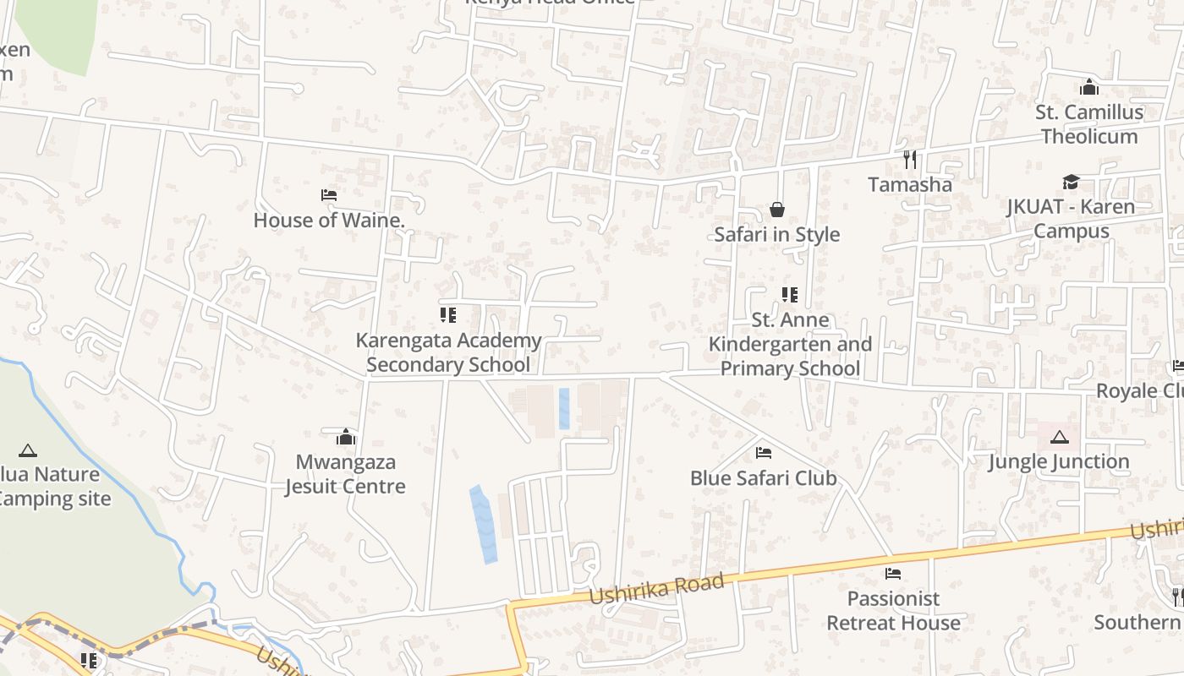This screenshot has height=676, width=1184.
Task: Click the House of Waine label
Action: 329,221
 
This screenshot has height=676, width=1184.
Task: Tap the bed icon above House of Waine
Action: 329,195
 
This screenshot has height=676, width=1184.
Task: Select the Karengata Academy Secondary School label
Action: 448,352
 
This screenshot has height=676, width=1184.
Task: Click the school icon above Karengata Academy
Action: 448,315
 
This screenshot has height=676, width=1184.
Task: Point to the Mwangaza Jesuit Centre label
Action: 345,474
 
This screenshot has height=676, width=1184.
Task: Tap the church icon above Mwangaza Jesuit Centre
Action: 345,437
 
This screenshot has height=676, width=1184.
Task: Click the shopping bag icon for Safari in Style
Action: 776,210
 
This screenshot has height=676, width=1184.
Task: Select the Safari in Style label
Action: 776,234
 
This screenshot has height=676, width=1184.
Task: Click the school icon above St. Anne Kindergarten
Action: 789,295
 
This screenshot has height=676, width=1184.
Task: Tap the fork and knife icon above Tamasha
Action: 910,159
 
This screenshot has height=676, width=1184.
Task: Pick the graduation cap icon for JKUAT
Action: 1071,183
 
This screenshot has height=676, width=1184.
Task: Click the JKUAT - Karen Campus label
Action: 1071,219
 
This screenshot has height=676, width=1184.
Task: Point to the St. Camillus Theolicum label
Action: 1089,124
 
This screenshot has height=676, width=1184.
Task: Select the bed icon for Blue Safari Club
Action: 763,453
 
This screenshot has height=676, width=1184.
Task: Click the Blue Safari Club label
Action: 763,478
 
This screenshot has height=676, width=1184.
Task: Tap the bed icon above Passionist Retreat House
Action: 893,574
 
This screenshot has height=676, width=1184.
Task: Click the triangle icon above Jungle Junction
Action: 1059,437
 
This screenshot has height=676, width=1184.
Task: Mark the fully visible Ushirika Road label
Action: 657,588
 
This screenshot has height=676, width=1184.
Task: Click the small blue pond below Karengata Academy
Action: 564,408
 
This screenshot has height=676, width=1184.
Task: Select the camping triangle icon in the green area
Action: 28,450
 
